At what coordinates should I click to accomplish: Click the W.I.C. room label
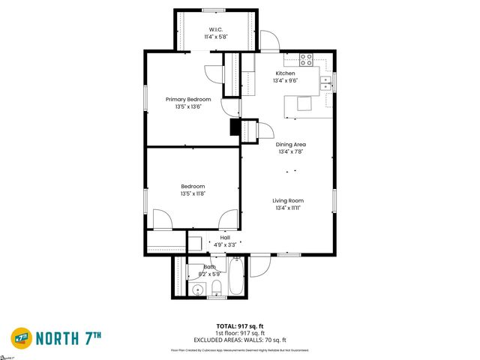216,29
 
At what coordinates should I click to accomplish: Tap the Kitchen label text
285,73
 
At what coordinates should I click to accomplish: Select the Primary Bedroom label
188,99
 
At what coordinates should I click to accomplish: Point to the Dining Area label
291,144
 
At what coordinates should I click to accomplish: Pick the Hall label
225,238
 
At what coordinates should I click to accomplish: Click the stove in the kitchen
306,58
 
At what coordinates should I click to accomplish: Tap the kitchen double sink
326,83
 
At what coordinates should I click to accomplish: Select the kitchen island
304,103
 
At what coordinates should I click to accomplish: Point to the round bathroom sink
199,289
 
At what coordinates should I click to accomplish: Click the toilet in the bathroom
216,289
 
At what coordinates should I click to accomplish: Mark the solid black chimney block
235,129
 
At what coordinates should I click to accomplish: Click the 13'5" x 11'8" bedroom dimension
193,193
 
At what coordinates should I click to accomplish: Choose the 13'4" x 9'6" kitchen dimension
285,80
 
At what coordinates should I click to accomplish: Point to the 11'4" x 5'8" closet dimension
216,37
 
